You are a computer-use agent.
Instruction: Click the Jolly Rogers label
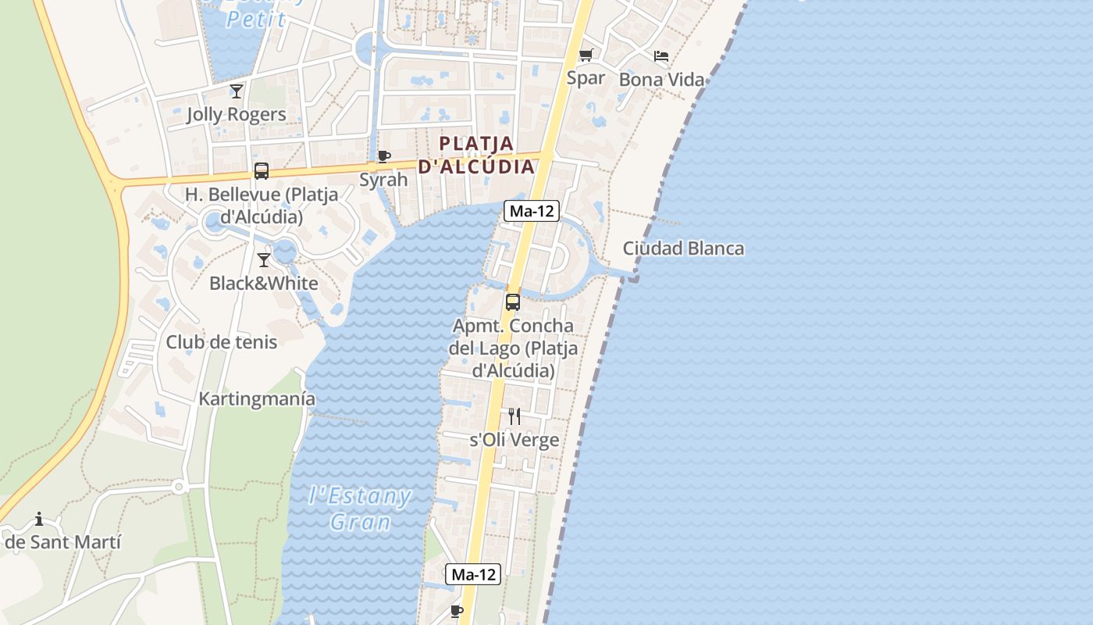tap(236, 114)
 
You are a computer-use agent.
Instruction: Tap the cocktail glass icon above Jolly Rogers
tap(236, 91)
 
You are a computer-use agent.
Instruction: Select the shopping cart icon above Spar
tap(586, 55)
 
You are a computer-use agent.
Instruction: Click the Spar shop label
tap(586, 77)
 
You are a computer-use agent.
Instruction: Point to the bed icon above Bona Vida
tap(661, 56)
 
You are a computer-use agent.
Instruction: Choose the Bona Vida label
tap(661, 79)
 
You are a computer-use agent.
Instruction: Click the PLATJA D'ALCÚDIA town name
tap(477, 155)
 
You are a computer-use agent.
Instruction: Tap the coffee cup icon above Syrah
tap(383, 156)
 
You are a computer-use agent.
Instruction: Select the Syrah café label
tap(383, 180)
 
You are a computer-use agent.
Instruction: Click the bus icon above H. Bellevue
tap(262, 171)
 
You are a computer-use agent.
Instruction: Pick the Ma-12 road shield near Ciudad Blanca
tap(532, 210)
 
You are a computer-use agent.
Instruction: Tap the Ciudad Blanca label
tap(683, 248)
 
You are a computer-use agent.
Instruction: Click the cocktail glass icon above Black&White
tap(264, 260)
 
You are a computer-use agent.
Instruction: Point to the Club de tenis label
tap(221, 342)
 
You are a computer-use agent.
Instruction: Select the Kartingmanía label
tap(257, 398)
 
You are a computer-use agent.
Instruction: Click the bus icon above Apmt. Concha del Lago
tap(513, 302)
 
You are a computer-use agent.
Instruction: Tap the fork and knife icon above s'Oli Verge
tap(514, 416)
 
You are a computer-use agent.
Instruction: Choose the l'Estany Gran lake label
tap(360, 508)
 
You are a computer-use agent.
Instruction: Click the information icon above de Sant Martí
tap(39, 519)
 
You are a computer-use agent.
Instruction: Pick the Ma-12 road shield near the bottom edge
tap(472, 574)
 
